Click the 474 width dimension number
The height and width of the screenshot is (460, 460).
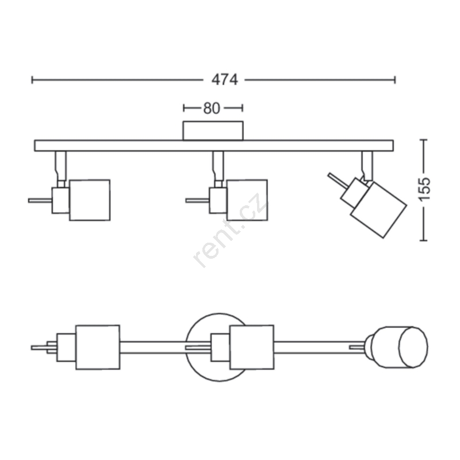(225, 80)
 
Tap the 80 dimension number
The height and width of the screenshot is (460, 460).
(212, 108)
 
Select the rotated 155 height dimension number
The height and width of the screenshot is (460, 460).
(424, 190)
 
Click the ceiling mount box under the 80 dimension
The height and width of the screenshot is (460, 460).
(213, 131)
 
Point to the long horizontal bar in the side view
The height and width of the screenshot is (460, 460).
(214, 146)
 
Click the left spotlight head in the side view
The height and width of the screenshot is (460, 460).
(90, 200)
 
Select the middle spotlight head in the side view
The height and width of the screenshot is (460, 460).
(247, 200)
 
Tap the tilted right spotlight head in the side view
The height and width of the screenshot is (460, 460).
(378, 210)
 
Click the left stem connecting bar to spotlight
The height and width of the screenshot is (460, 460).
(60, 166)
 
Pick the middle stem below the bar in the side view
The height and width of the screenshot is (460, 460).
(218, 166)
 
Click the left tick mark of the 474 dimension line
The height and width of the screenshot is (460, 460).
(32, 80)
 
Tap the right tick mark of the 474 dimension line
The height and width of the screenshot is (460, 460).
(395, 80)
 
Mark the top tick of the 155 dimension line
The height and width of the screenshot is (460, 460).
(423, 140)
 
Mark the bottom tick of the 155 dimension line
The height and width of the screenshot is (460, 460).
(423, 240)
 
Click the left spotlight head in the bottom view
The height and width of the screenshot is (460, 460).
(98, 347)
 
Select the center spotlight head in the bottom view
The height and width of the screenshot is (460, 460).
(252, 347)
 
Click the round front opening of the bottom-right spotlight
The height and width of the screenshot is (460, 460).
(413, 347)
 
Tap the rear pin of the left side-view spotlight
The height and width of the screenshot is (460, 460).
(40, 200)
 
